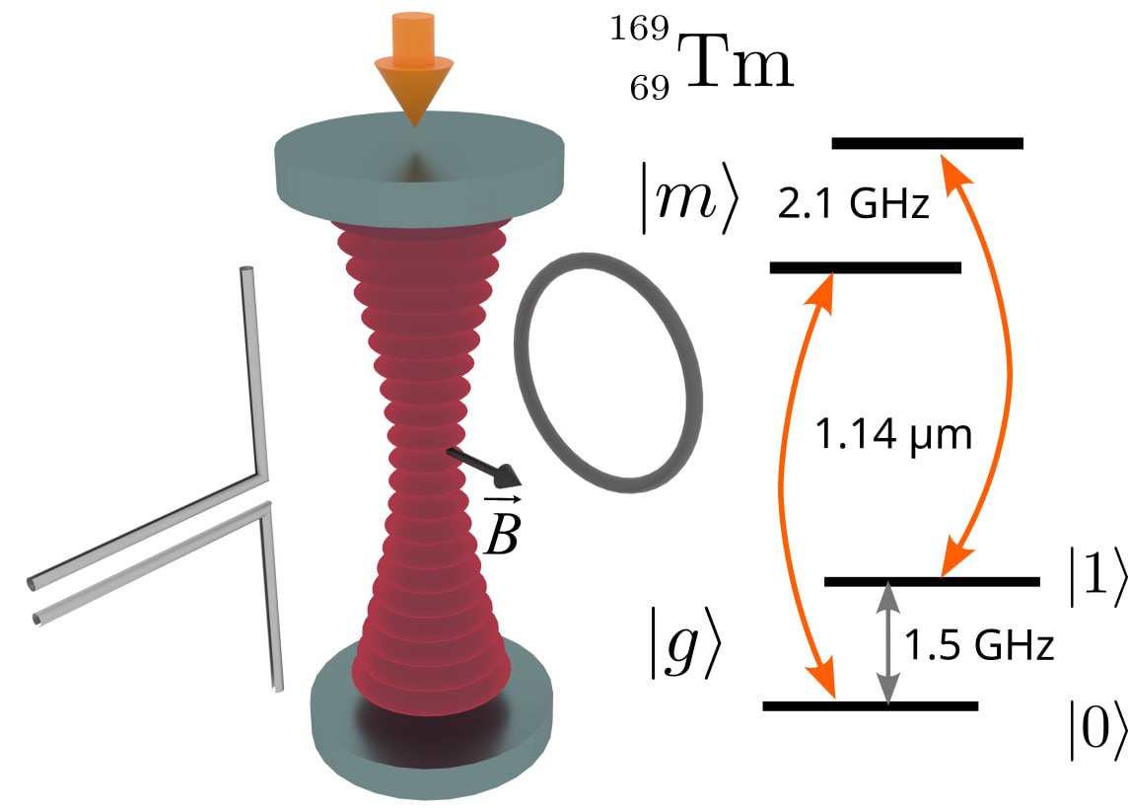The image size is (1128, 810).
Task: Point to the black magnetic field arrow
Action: coord(482,468)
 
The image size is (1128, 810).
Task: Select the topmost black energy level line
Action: coord(928,143)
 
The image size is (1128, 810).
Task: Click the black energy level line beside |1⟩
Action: coord(931,581)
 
